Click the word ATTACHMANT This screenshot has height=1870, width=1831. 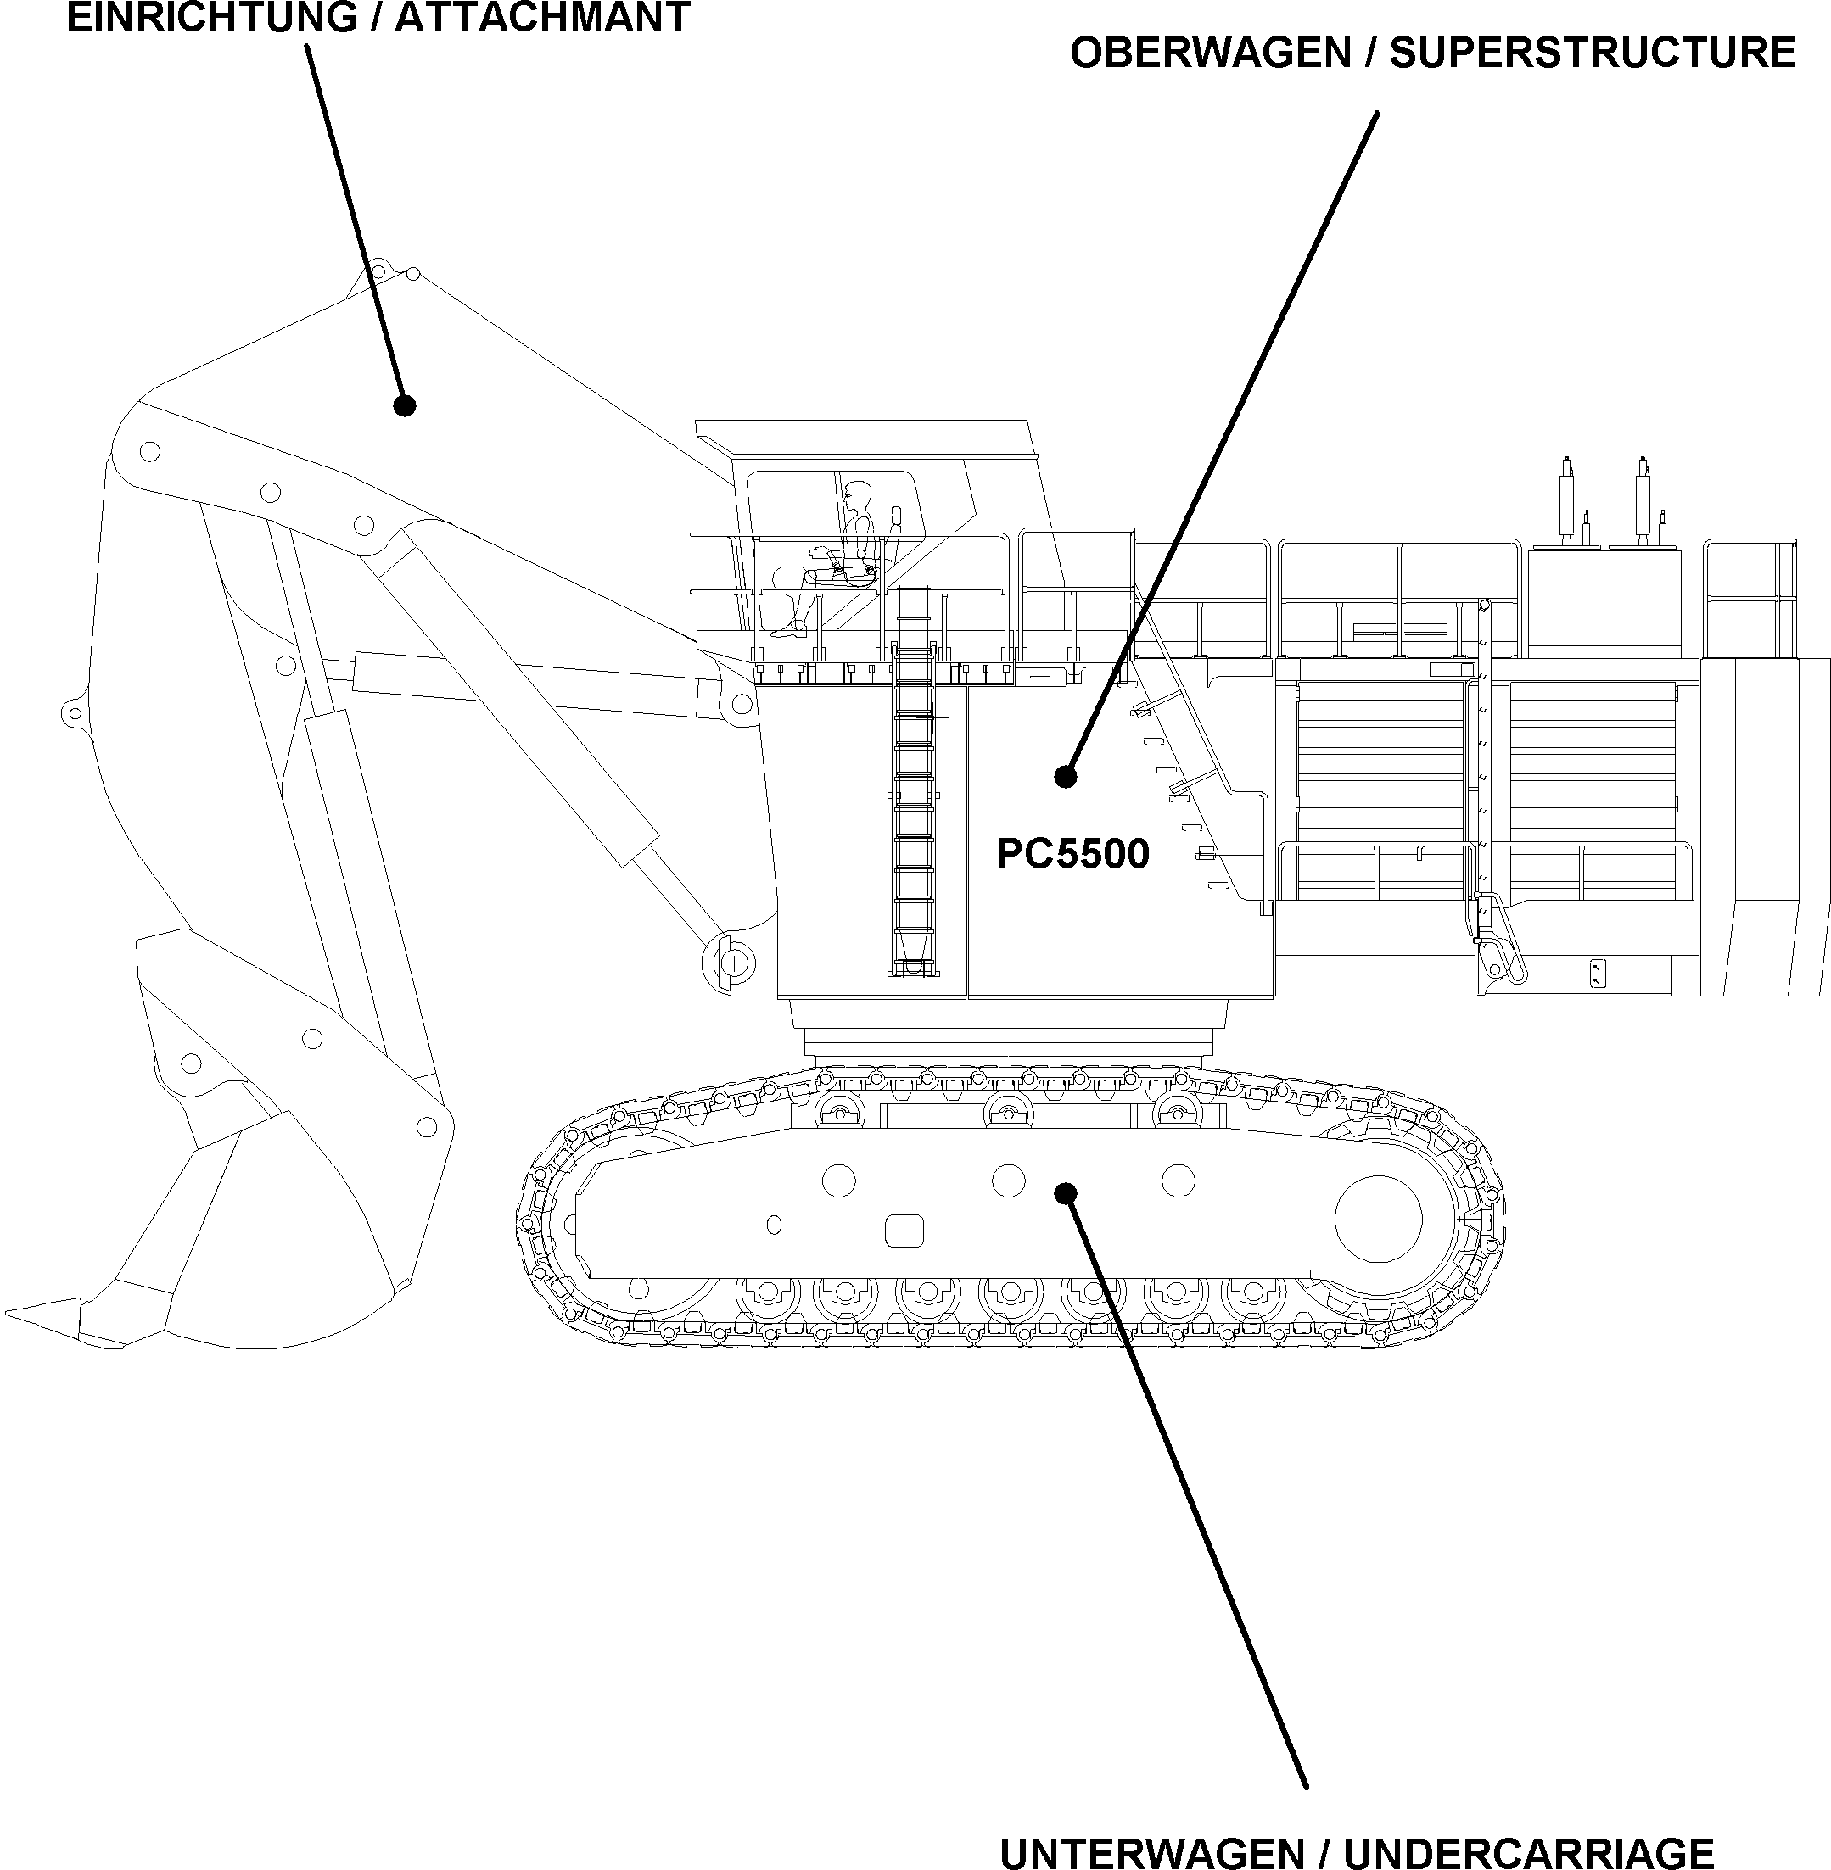click(x=542, y=17)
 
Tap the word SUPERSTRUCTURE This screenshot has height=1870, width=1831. click(x=1593, y=53)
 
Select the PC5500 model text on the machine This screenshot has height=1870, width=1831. click(x=1072, y=854)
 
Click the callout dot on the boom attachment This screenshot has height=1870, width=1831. click(x=405, y=405)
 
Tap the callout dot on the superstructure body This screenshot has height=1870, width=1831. click(x=1065, y=776)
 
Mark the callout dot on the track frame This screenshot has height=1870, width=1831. click(x=1065, y=1193)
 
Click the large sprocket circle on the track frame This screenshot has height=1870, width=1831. click(x=1378, y=1218)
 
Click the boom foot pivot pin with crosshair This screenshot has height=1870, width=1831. click(x=735, y=963)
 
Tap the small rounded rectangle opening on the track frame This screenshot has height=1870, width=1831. click(x=904, y=1231)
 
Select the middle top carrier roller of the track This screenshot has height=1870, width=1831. click(x=1008, y=1114)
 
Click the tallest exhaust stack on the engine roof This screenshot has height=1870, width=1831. click(x=1643, y=500)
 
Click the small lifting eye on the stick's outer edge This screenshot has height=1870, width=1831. click(x=73, y=712)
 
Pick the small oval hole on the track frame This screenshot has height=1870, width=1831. click(x=774, y=1225)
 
